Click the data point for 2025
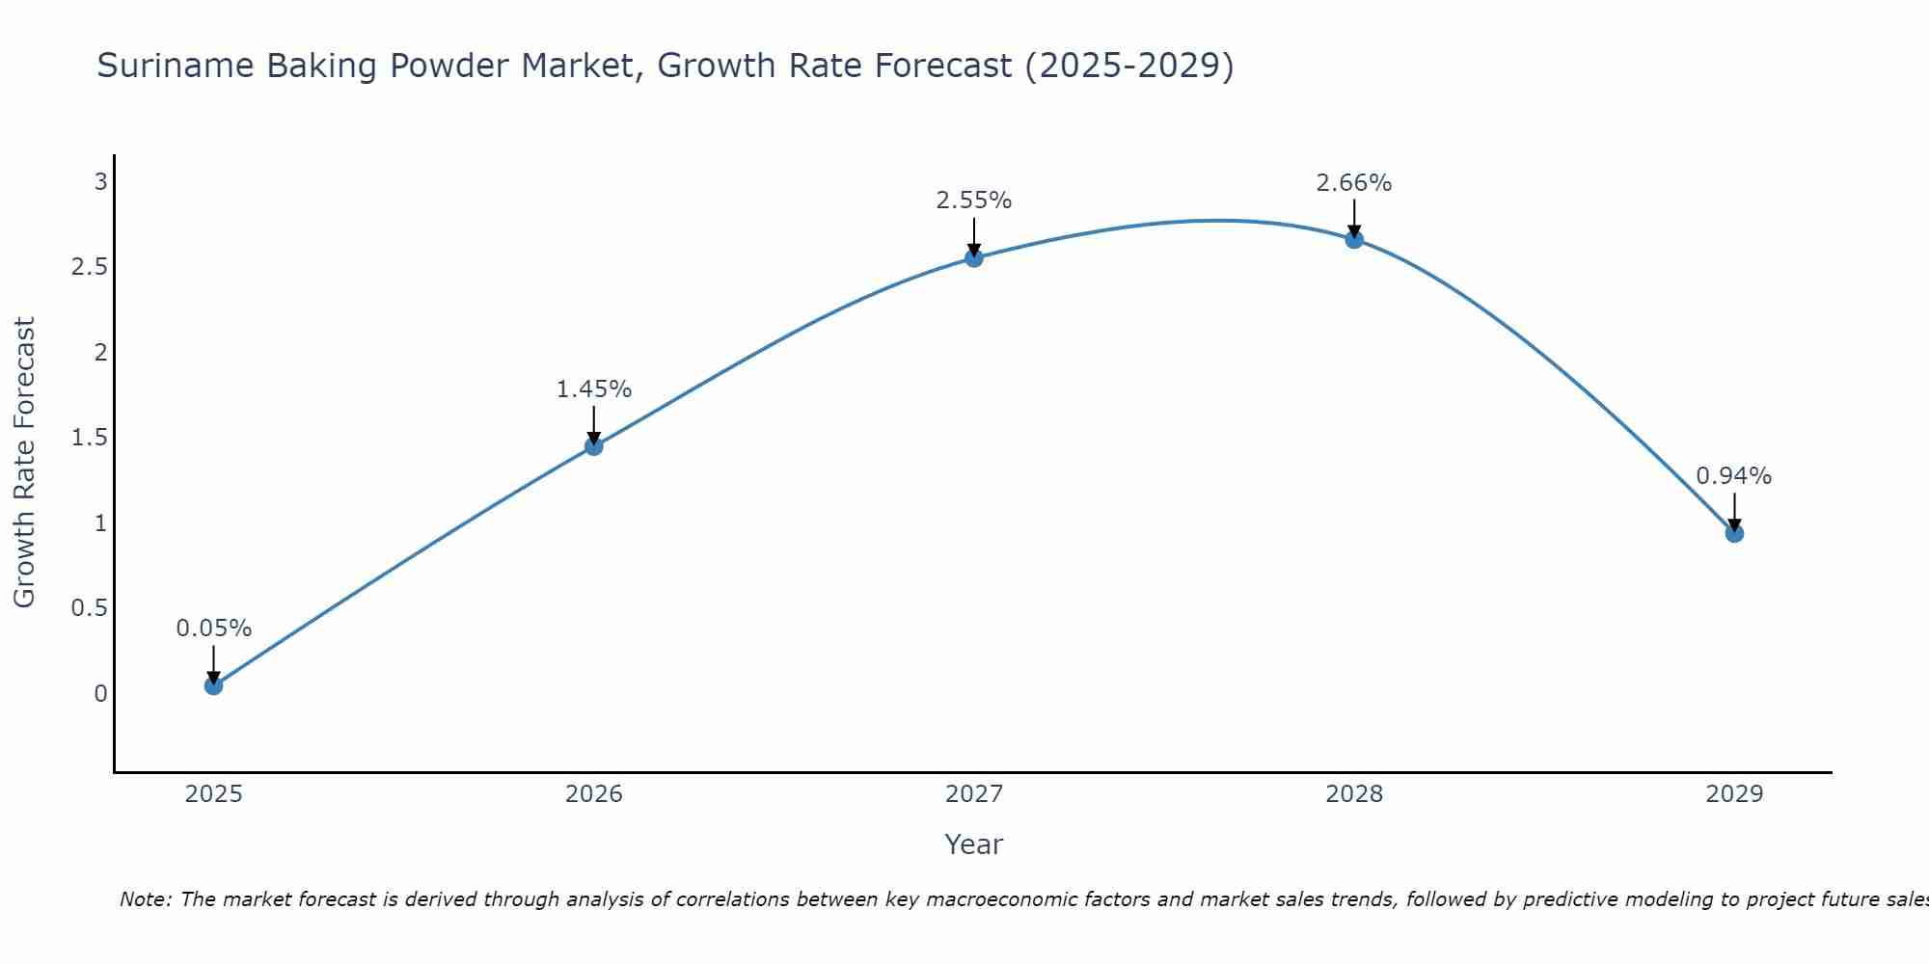coord(214,685)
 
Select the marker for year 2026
coord(594,446)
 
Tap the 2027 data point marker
coord(974,257)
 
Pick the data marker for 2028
coord(1354,239)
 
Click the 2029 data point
coord(1734,533)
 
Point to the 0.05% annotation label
coord(214,629)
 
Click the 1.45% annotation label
coord(594,389)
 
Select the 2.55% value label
coord(974,201)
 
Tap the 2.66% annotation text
coord(1354,182)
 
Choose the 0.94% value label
coord(1734,476)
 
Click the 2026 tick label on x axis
coord(594,794)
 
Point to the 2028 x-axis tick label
coord(1354,794)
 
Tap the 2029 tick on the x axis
coord(1734,794)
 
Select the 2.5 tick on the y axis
coord(89,267)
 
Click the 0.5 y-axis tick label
coord(89,608)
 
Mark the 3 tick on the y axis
coord(100,181)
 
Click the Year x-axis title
coord(974,844)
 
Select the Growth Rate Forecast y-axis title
coord(24,463)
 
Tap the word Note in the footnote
coord(145,899)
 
